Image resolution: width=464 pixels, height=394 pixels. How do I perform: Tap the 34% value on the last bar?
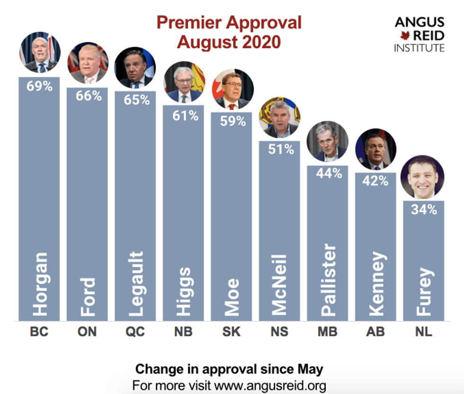[424, 209]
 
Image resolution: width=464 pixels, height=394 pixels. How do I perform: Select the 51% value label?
[280, 149]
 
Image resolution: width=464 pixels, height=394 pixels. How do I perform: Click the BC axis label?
[39, 332]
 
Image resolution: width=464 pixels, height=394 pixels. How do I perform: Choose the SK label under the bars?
[232, 332]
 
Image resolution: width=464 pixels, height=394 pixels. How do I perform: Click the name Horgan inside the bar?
[40, 284]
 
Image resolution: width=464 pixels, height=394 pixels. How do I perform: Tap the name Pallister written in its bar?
[328, 280]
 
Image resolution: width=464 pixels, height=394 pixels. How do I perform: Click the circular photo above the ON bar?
[88, 63]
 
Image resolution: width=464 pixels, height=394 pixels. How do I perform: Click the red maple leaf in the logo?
[405, 36]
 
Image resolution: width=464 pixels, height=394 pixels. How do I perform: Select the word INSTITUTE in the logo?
[419, 48]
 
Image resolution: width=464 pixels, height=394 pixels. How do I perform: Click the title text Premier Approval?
[229, 23]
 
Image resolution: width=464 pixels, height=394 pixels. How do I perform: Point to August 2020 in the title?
[229, 42]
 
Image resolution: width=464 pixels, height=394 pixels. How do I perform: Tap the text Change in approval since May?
[229, 369]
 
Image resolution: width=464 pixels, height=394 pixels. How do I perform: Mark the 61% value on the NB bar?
[184, 115]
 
